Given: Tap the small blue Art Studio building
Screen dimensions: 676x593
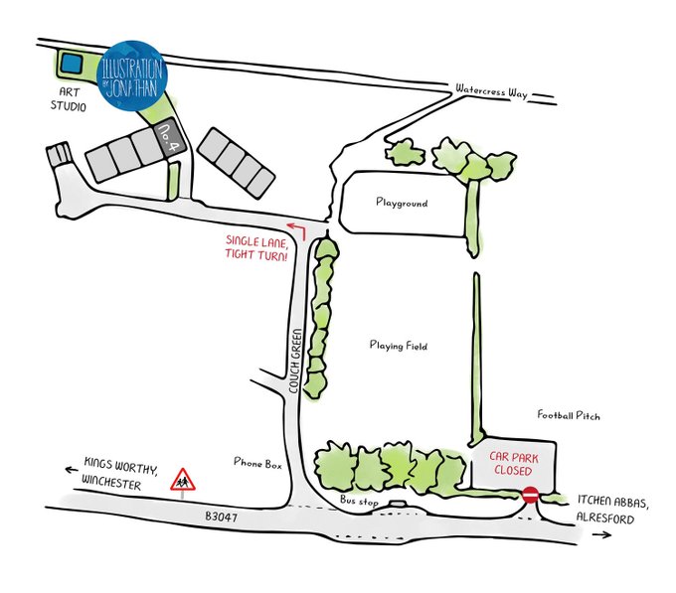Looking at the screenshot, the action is pyautogui.click(x=70, y=64).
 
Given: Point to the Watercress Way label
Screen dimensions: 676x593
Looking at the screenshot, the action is pyautogui.click(x=490, y=90).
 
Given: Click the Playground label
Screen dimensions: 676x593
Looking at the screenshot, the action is pyautogui.click(x=401, y=203).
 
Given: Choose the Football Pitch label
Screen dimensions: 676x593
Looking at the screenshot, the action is pyautogui.click(x=569, y=415).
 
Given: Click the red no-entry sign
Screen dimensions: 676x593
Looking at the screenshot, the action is pyautogui.click(x=531, y=494).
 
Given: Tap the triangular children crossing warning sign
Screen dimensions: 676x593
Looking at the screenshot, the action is pyautogui.click(x=182, y=481).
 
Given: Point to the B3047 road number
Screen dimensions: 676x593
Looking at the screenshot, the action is pyautogui.click(x=224, y=517).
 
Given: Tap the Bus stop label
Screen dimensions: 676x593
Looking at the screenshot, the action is pyautogui.click(x=359, y=503).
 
